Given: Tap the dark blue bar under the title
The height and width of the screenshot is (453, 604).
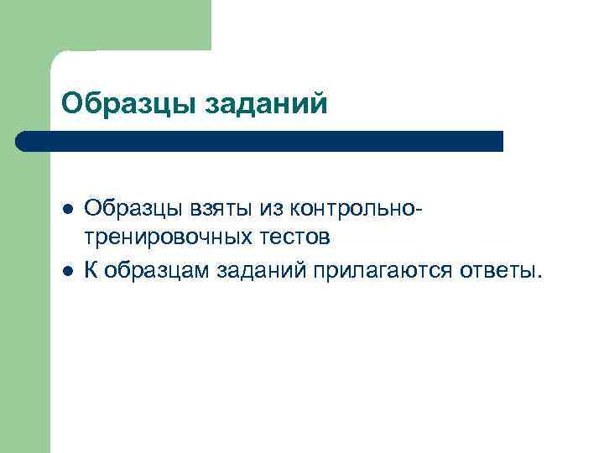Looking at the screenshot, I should pyautogui.click(x=260, y=141).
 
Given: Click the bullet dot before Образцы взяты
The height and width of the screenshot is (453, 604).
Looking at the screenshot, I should pyautogui.click(x=68, y=206).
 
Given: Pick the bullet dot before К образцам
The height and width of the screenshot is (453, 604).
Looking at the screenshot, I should pyautogui.click(x=68, y=270).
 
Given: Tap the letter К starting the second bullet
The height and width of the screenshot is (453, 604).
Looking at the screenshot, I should pyautogui.click(x=91, y=270).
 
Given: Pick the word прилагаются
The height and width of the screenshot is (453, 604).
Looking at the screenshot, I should pyautogui.click(x=385, y=270).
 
